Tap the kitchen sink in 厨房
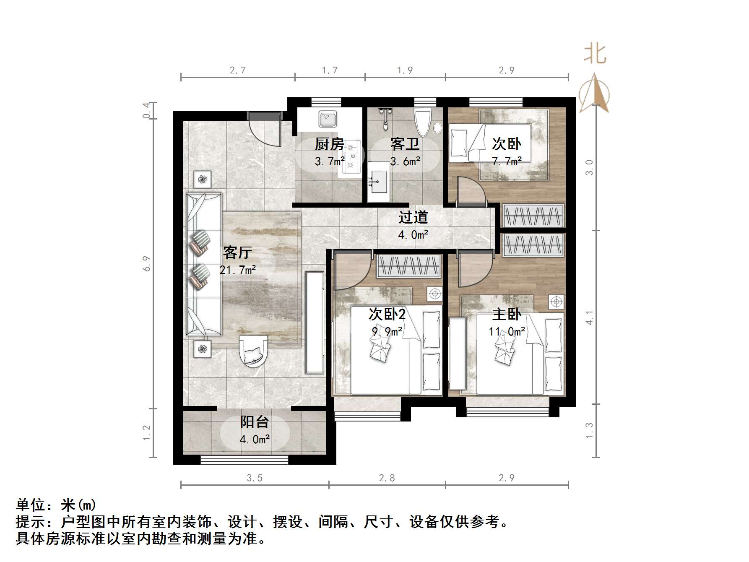328,119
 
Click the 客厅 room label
237,253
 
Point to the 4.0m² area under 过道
413,234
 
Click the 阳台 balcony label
255,422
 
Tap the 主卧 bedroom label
507,314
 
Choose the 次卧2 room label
387,314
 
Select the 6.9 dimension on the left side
146,263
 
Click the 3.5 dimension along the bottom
255,478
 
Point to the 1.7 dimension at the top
330,70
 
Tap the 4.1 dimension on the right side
589,317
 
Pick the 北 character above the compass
595,54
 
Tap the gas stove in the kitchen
351,156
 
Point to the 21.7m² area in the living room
238,270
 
